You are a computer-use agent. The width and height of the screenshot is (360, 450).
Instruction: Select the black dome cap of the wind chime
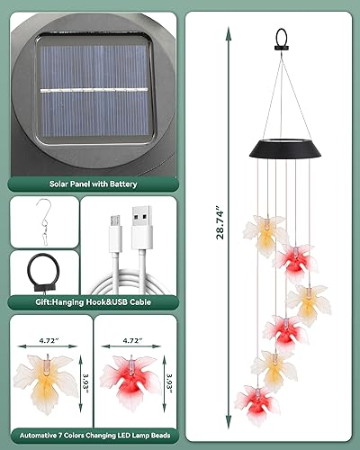280,148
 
